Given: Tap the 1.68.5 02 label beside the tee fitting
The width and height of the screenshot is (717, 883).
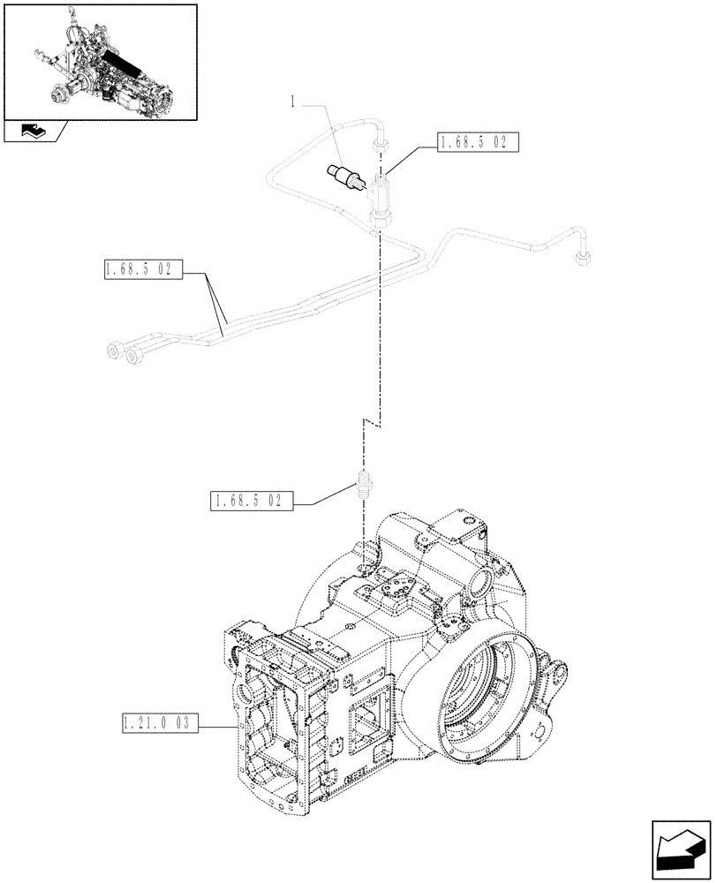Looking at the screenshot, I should pyautogui.click(x=477, y=143).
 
